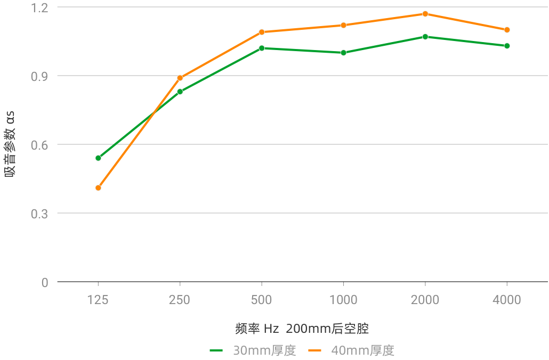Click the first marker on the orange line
pyautogui.click(x=98, y=188)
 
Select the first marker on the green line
pyautogui.click(x=98, y=158)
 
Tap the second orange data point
pyautogui.click(x=180, y=78)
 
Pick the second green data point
pyautogui.click(x=180, y=92)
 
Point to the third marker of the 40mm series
pyautogui.click(x=262, y=32)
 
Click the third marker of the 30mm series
pyautogui.click(x=262, y=48)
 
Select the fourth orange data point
pyautogui.click(x=343, y=25)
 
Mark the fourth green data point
pyautogui.click(x=343, y=52)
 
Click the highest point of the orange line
pyautogui.click(x=425, y=14)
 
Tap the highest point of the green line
pyautogui.click(x=425, y=36)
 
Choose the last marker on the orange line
pyautogui.click(x=507, y=30)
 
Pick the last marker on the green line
pyautogui.click(x=507, y=46)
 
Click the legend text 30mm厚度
pyautogui.click(x=264, y=350)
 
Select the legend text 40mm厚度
pyautogui.click(x=362, y=350)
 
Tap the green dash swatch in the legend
pyautogui.click(x=216, y=350)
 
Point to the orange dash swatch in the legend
pyautogui.click(x=314, y=350)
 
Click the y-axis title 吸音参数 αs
pyautogui.click(x=10, y=144)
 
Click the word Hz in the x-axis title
pyautogui.click(x=271, y=329)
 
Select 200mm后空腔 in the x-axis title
pyautogui.click(x=330, y=329)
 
